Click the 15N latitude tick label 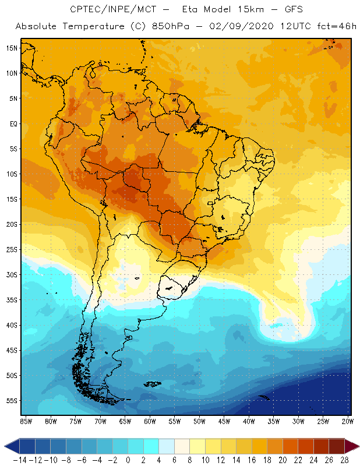[x=12, y=48]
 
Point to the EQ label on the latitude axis [x=13, y=123]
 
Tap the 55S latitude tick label [x=12, y=401]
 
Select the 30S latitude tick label [x=12, y=275]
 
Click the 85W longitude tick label [x=26, y=421]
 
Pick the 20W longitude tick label [x=347, y=421]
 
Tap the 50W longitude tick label [x=199, y=421]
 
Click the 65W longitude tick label [x=125, y=421]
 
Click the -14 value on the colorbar [x=20, y=460]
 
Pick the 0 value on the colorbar [x=128, y=460]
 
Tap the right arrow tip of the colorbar [x=356, y=446]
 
